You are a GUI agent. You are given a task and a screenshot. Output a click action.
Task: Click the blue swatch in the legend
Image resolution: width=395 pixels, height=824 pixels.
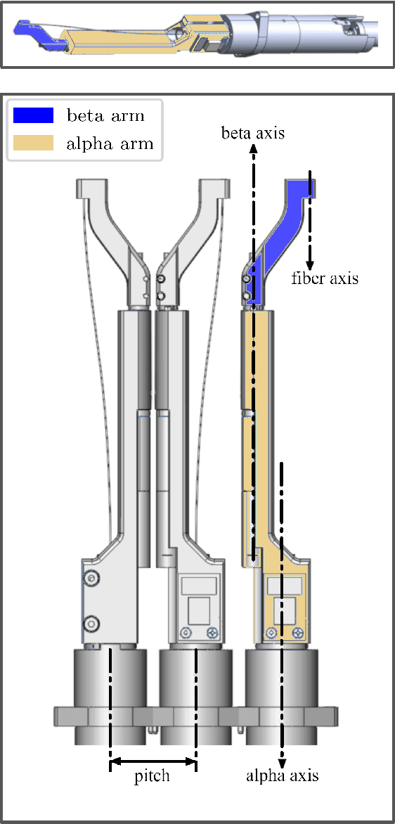[33, 115]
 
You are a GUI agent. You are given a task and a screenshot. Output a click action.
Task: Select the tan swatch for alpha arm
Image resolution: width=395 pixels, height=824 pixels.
[33, 144]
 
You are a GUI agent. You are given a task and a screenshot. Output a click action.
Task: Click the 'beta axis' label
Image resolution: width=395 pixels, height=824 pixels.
[252, 132]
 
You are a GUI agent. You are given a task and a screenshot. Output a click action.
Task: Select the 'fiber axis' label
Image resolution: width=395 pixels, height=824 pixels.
[325, 278]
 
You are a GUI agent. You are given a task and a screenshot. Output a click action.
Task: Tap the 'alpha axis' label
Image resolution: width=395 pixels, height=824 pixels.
[283, 775]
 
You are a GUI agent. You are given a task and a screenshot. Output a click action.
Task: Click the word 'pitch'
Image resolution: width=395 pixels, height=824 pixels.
[152, 776]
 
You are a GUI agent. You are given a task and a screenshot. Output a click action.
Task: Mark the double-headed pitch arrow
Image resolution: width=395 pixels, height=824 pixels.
[153, 761]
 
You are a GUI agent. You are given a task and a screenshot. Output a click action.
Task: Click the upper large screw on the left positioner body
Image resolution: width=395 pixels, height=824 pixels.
[91, 578]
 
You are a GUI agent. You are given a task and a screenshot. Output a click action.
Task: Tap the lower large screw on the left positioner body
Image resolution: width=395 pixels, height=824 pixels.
[91, 623]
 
